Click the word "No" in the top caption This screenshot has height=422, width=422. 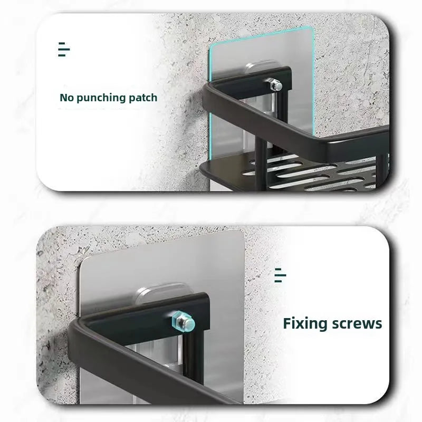67,98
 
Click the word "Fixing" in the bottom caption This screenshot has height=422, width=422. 306,324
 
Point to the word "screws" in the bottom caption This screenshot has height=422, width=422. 357,324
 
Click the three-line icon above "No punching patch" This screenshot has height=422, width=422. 64,49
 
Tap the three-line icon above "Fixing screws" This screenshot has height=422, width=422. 280,275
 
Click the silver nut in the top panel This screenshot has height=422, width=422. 276,85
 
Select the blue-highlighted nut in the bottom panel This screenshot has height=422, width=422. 183,323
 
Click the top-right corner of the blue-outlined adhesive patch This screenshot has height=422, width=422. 313,27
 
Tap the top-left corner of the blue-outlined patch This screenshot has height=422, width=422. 210,46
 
